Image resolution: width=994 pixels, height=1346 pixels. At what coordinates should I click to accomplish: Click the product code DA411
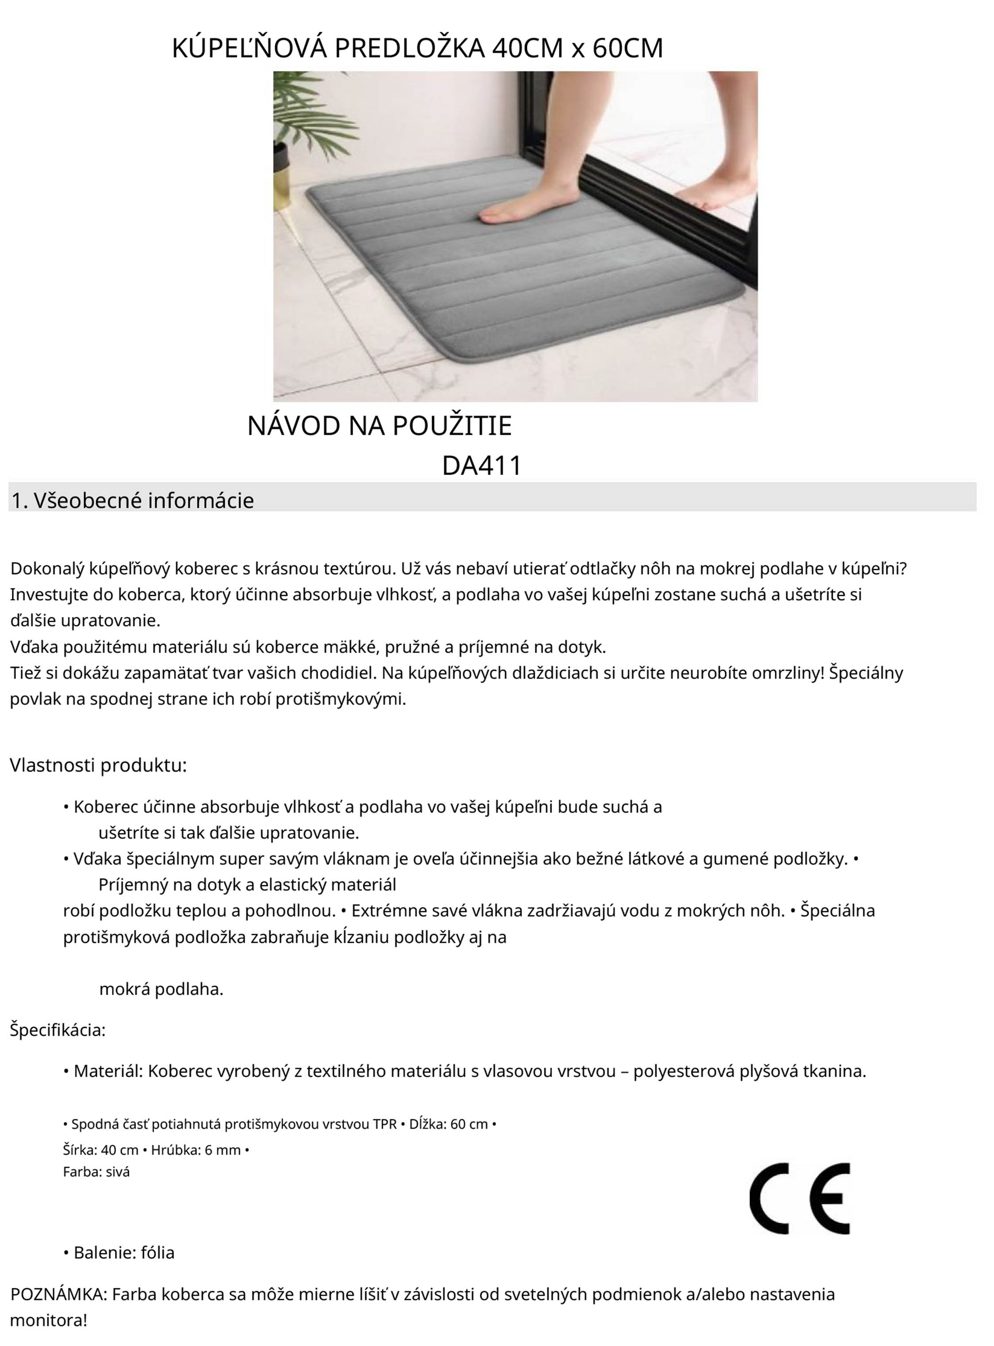(481, 466)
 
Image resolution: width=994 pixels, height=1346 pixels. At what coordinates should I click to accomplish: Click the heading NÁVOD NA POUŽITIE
(379, 426)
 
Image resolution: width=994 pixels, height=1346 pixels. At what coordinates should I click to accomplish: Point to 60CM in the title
(628, 48)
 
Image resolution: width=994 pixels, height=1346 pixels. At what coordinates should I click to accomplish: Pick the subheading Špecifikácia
(58, 1030)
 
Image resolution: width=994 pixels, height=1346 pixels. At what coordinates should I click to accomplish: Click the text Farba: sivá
(96, 1171)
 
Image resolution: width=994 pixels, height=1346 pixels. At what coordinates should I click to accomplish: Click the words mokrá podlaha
(161, 988)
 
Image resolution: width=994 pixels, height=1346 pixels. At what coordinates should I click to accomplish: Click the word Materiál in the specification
(107, 1070)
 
